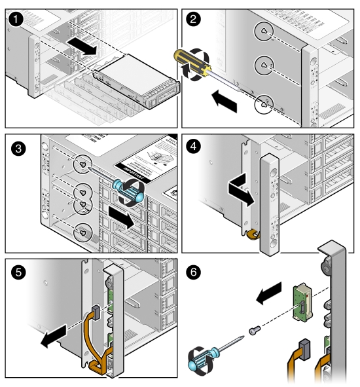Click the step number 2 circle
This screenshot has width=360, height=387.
click(x=194, y=20)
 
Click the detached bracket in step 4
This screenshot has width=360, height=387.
click(x=270, y=203)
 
